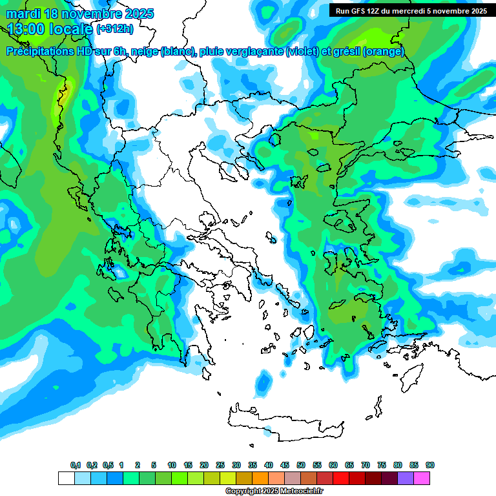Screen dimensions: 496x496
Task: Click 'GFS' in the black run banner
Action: tap(358, 11)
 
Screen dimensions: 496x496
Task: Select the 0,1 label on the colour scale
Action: tap(76, 465)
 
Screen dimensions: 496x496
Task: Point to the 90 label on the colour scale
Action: tap(430, 465)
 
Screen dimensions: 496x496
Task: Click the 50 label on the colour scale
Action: tap(301, 465)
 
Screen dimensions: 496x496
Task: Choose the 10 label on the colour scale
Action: tap(172, 465)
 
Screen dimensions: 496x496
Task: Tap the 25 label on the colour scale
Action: tap(220, 465)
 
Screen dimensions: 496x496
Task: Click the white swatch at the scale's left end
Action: tap(66, 478)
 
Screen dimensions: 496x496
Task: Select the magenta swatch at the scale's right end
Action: tap(422, 478)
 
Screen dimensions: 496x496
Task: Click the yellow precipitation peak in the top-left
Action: tap(64, 94)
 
